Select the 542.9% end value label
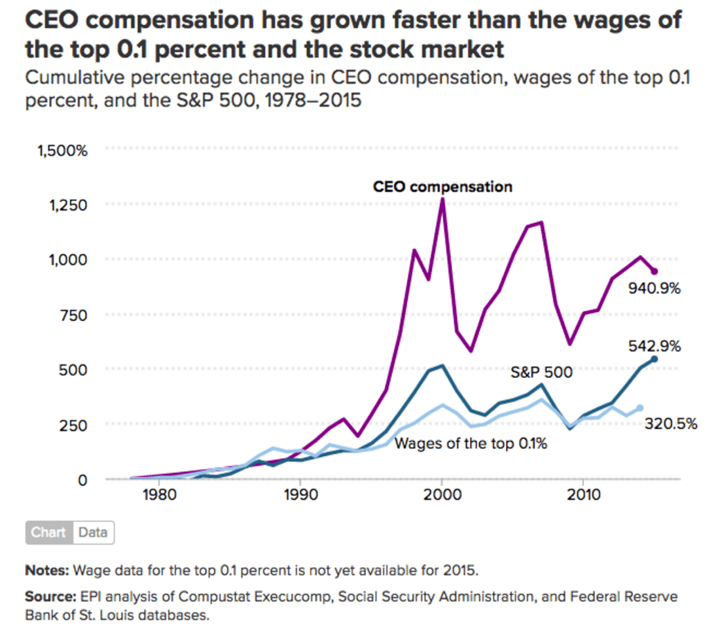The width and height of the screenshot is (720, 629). [x=655, y=345]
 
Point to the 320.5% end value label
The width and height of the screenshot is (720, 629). [x=671, y=423]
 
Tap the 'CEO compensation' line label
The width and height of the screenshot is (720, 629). [x=442, y=187]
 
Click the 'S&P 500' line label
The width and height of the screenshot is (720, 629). [x=541, y=373]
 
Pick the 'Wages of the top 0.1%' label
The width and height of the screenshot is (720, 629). [x=471, y=444]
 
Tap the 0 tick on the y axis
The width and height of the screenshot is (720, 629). [x=82, y=480]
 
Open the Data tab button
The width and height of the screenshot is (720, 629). [x=93, y=532]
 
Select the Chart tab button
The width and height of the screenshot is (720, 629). [x=49, y=532]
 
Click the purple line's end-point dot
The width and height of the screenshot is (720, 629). [x=654, y=271]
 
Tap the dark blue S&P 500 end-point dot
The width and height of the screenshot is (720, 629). [x=654, y=359]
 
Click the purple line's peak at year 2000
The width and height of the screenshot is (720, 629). [x=442, y=199]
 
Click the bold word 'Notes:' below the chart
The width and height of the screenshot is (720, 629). [x=46, y=569]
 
